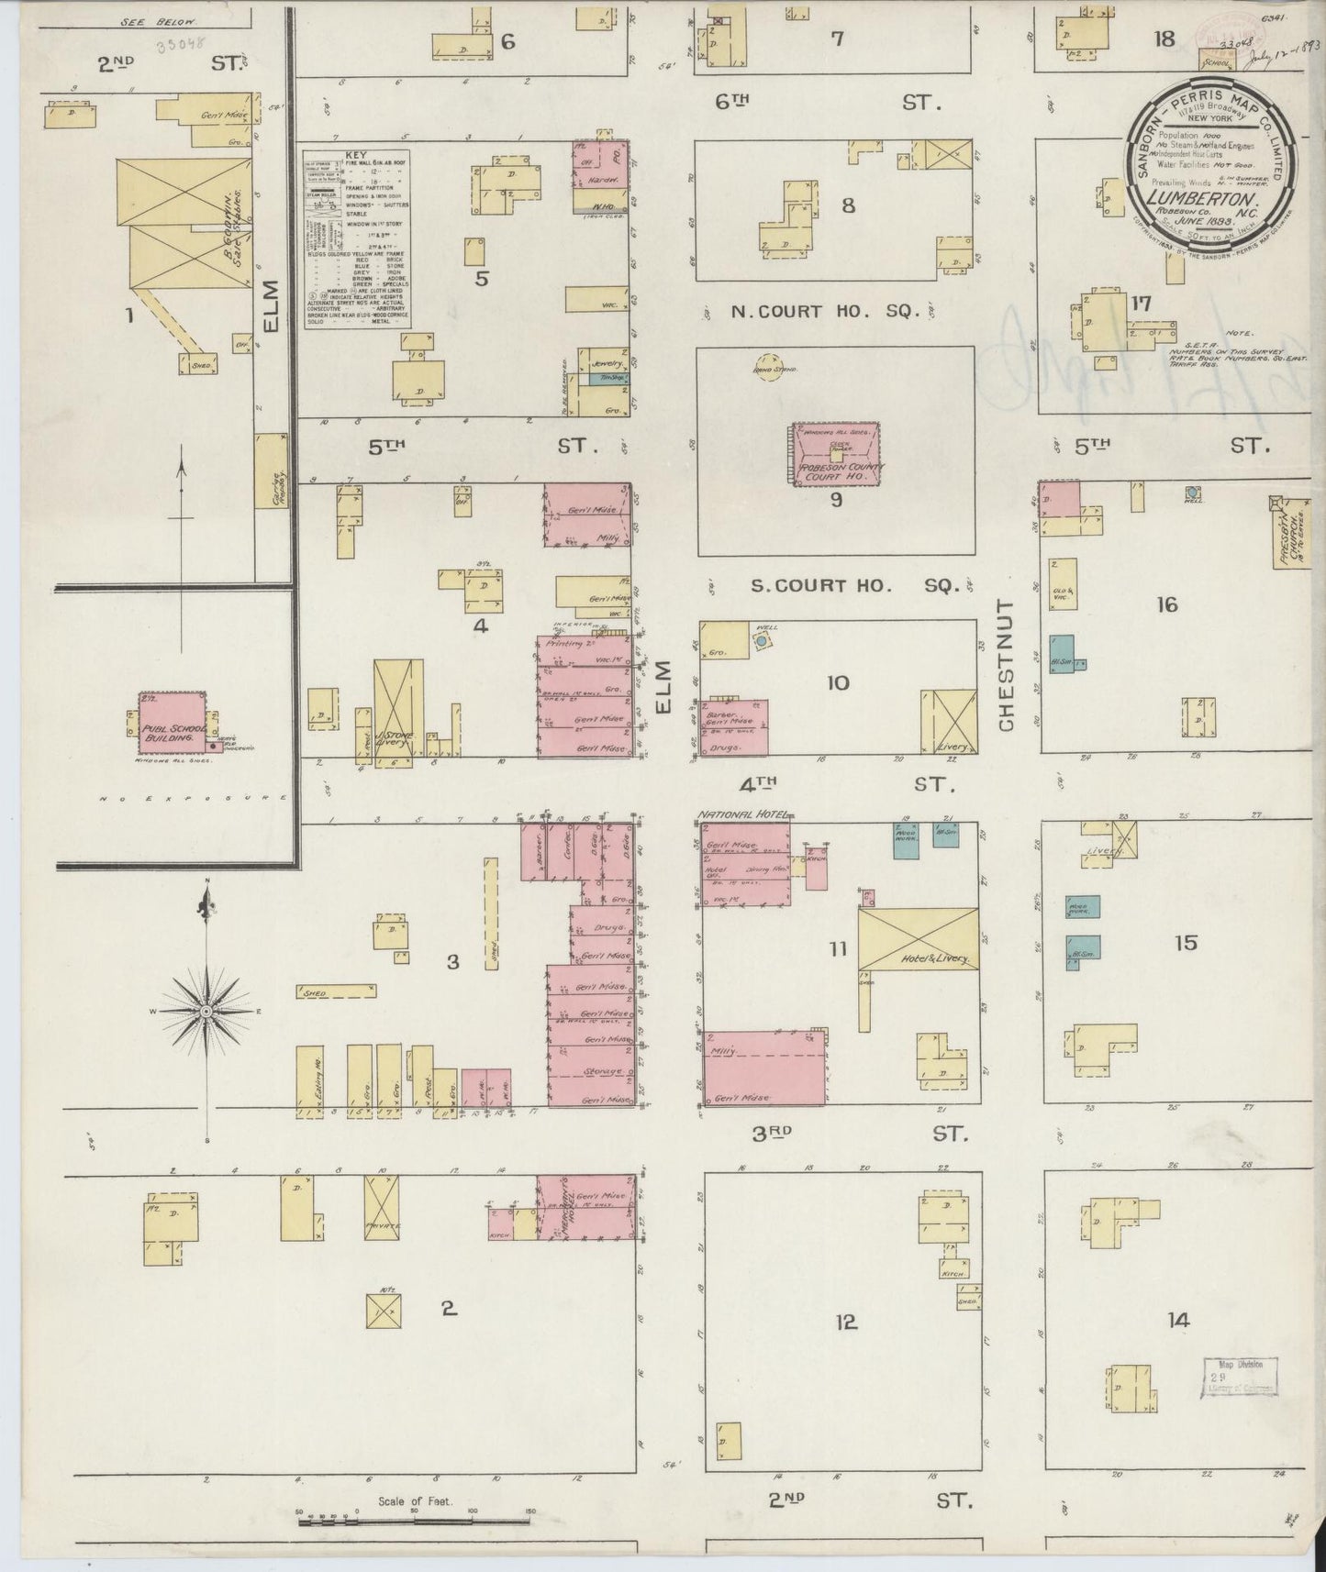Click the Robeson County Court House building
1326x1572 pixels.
(835, 454)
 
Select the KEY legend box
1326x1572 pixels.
(356, 239)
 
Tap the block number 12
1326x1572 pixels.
(845, 1322)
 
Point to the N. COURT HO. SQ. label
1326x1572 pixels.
(825, 312)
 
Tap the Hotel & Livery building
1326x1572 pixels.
(918, 937)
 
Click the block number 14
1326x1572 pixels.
(1178, 1321)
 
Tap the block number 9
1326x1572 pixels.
(836, 500)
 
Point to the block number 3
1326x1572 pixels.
(452, 962)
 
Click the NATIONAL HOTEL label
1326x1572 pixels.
(744, 814)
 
